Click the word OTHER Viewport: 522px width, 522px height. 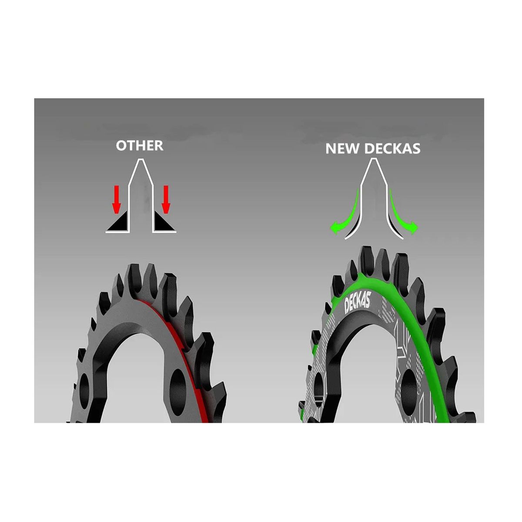point(140,145)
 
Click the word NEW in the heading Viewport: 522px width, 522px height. point(343,149)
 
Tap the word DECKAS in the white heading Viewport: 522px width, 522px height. point(392,149)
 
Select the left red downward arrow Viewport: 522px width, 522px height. point(116,199)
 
